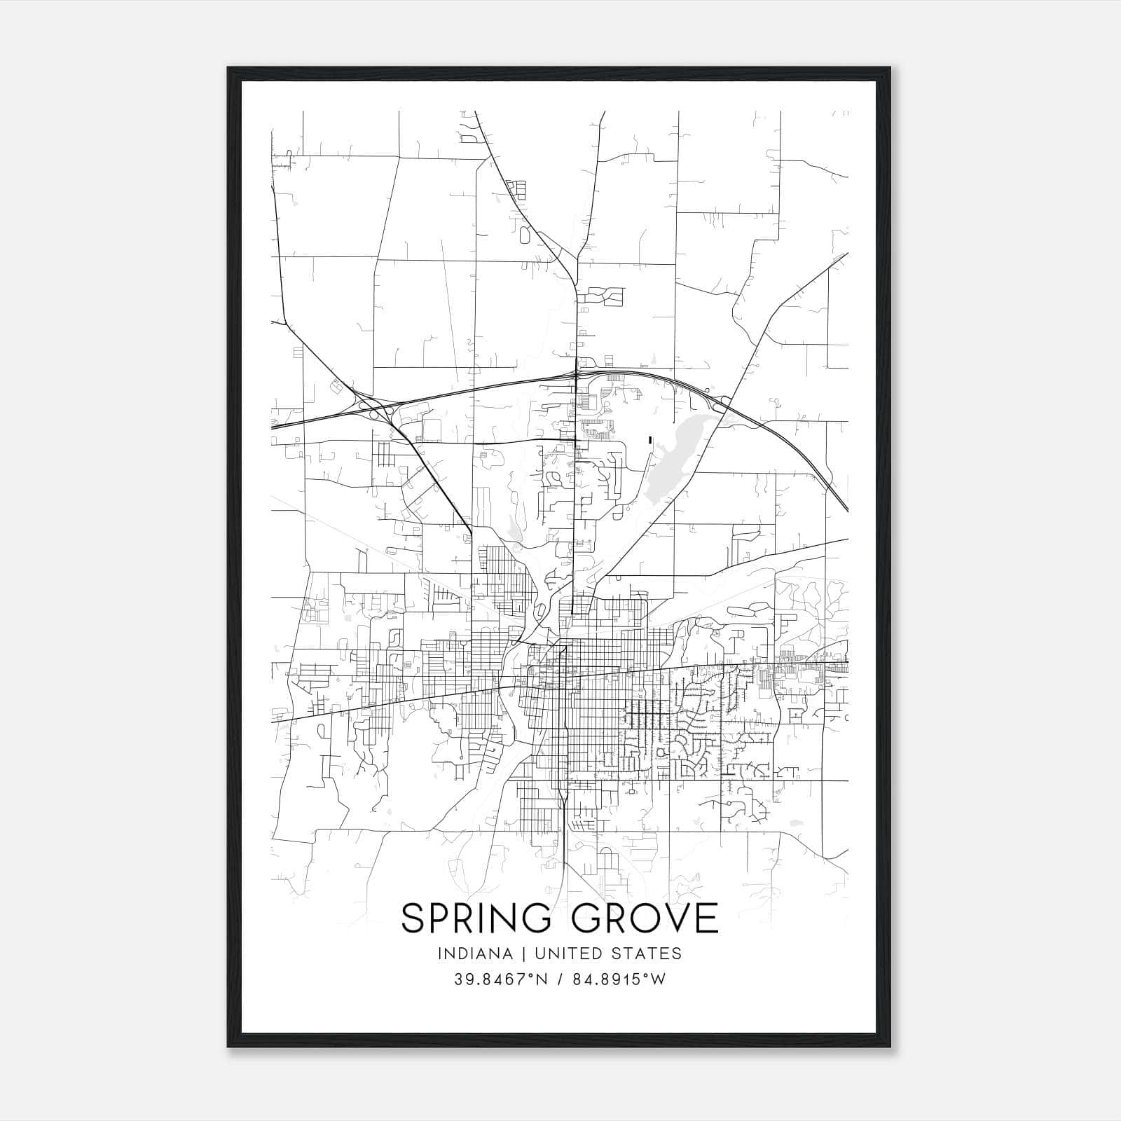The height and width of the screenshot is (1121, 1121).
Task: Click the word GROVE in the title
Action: pyautogui.click(x=646, y=918)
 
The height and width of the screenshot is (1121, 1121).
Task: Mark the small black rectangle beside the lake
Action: pyautogui.click(x=650, y=440)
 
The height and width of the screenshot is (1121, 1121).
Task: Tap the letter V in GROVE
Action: pyautogui.click(x=674, y=918)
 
